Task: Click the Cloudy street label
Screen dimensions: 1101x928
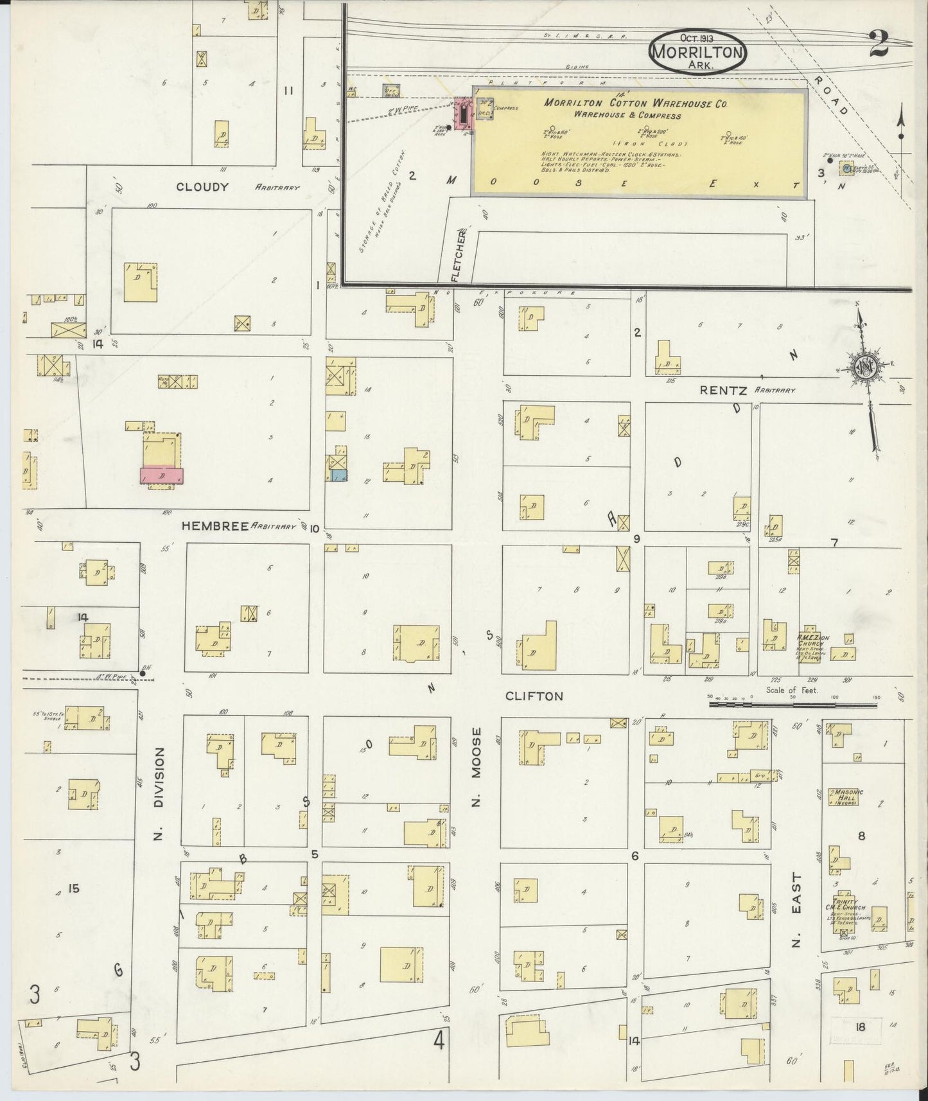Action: pyautogui.click(x=203, y=187)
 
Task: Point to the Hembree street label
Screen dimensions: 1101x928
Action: pyautogui.click(x=214, y=525)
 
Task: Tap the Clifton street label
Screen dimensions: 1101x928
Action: pyautogui.click(x=534, y=696)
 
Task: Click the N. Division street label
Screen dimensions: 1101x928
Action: pyautogui.click(x=159, y=794)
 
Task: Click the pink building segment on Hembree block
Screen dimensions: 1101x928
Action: pyautogui.click(x=162, y=476)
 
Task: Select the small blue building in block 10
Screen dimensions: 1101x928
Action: pyautogui.click(x=339, y=476)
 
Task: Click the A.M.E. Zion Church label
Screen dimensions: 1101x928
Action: pyautogui.click(x=813, y=639)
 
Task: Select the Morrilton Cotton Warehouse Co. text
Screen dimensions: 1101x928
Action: pyautogui.click(x=635, y=103)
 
